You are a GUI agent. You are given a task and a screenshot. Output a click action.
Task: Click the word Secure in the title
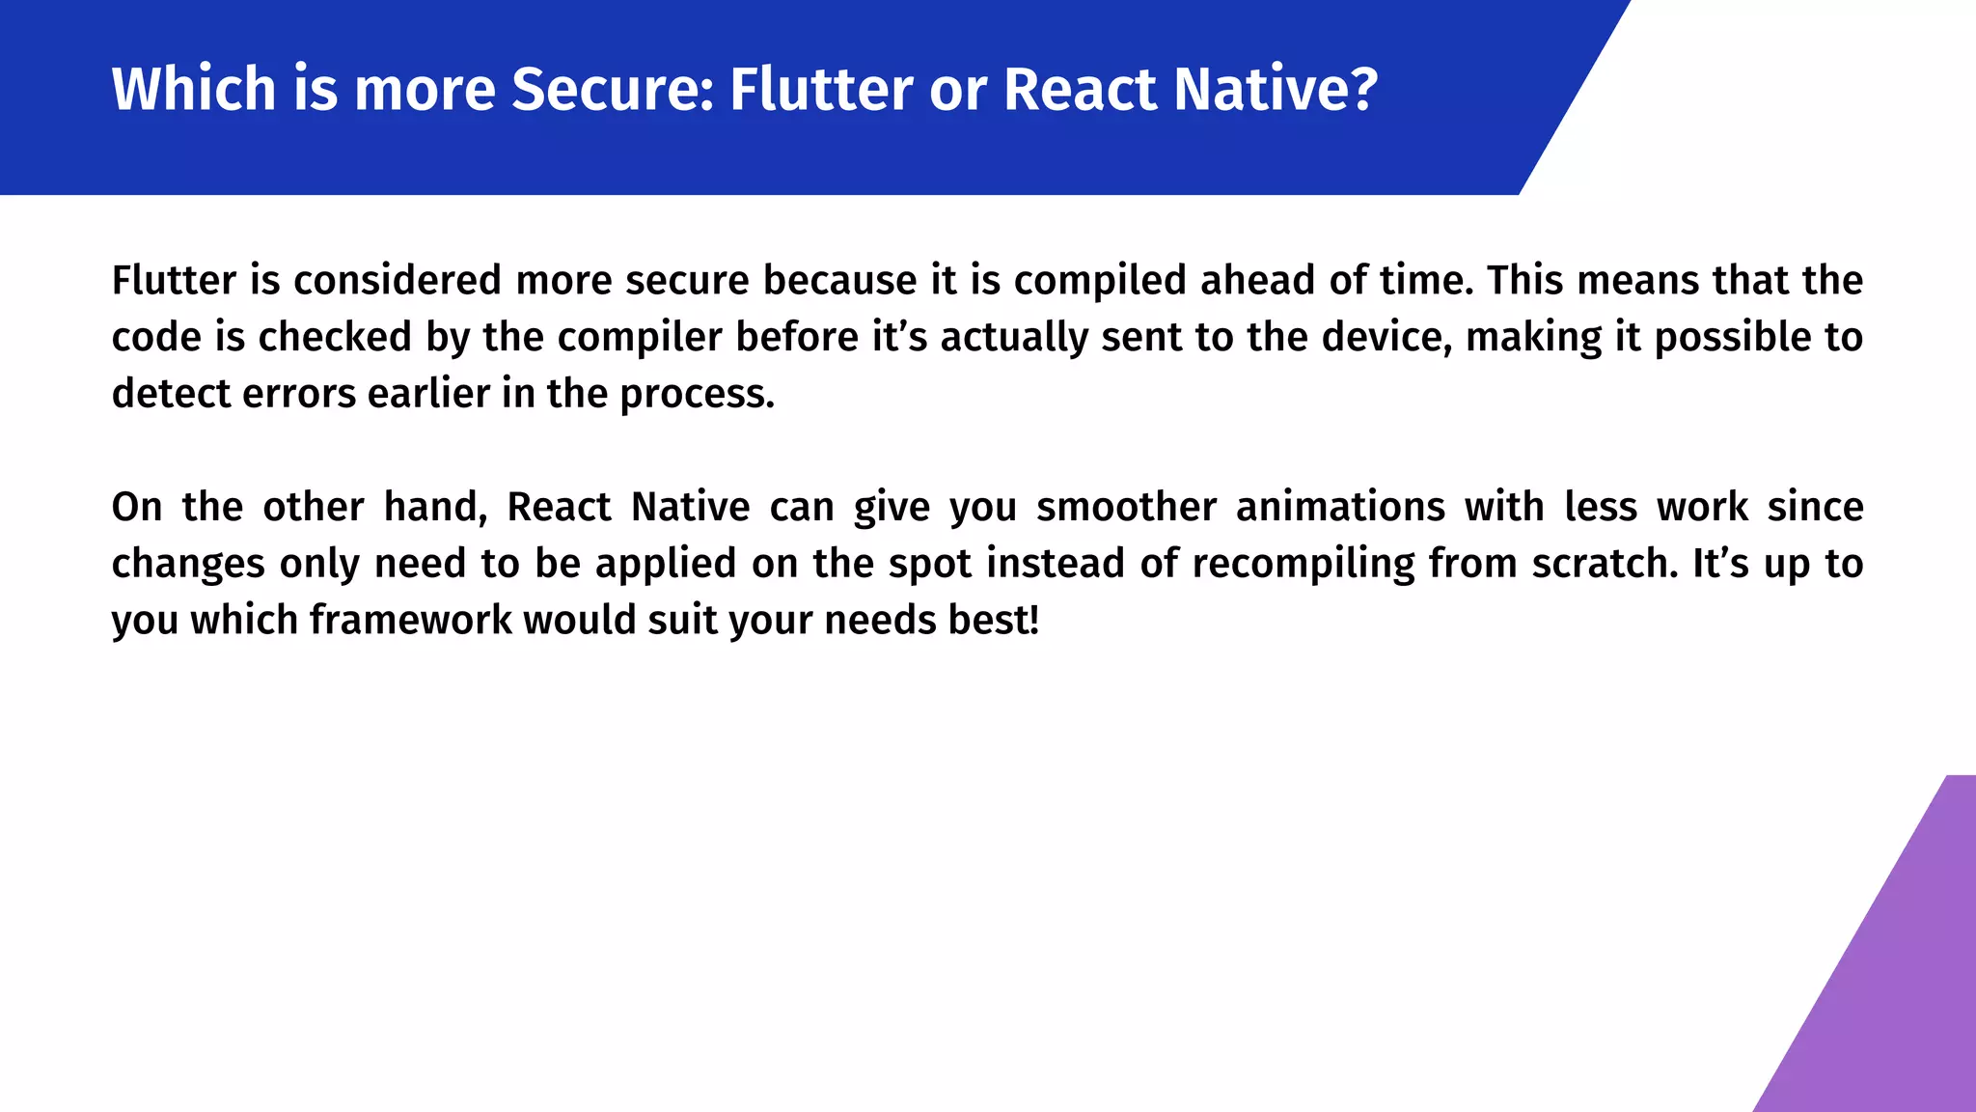(x=612, y=89)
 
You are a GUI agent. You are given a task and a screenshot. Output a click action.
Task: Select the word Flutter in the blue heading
(x=820, y=89)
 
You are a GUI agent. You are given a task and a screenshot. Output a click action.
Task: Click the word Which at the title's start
(x=194, y=89)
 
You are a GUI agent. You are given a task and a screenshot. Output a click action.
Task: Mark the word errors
(x=299, y=394)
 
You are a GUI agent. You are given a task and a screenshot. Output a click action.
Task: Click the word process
(x=696, y=394)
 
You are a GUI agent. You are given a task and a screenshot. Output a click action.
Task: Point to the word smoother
(x=1127, y=507)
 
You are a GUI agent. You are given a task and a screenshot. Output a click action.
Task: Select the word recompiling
(x=1303, y=564)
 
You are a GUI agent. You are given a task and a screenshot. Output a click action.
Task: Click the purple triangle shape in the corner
(x=1891, y=994)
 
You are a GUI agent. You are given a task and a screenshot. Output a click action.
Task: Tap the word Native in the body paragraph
(x=690, y=507)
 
